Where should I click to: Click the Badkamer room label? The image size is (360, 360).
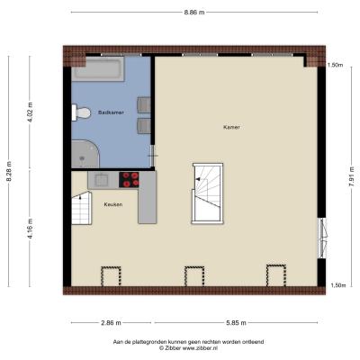tap(111, 112)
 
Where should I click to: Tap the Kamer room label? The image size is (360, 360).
tap(231, 127)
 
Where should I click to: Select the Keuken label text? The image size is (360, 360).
tap(113, 204)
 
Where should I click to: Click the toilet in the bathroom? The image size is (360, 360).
tap(81, 112)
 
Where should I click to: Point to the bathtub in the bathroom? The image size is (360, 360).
tap(98, 68)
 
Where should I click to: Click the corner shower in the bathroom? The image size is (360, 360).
tap(85, 154)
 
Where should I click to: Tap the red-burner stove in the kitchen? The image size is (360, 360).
tap(129, 180)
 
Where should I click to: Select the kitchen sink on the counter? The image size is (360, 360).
tap(102, 180)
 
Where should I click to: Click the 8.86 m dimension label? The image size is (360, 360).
tap(194, 13)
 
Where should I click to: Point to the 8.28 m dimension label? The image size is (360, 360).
tap(9, 171)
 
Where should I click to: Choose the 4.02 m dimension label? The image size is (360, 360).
tap(30, 112)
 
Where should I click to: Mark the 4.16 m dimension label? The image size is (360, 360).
tap(30, 229)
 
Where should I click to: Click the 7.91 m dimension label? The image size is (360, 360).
tap(351, 176)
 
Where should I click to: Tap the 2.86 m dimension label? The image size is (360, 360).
tap(111, 323)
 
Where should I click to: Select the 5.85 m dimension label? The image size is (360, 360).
tap(236, 323)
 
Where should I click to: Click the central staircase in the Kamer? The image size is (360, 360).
tap(208, 193)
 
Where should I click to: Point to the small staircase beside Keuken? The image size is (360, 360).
tap(82, 208)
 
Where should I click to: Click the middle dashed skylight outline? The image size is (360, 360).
tap(194, 276)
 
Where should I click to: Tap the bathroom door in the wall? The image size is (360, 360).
tap(153, 156)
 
